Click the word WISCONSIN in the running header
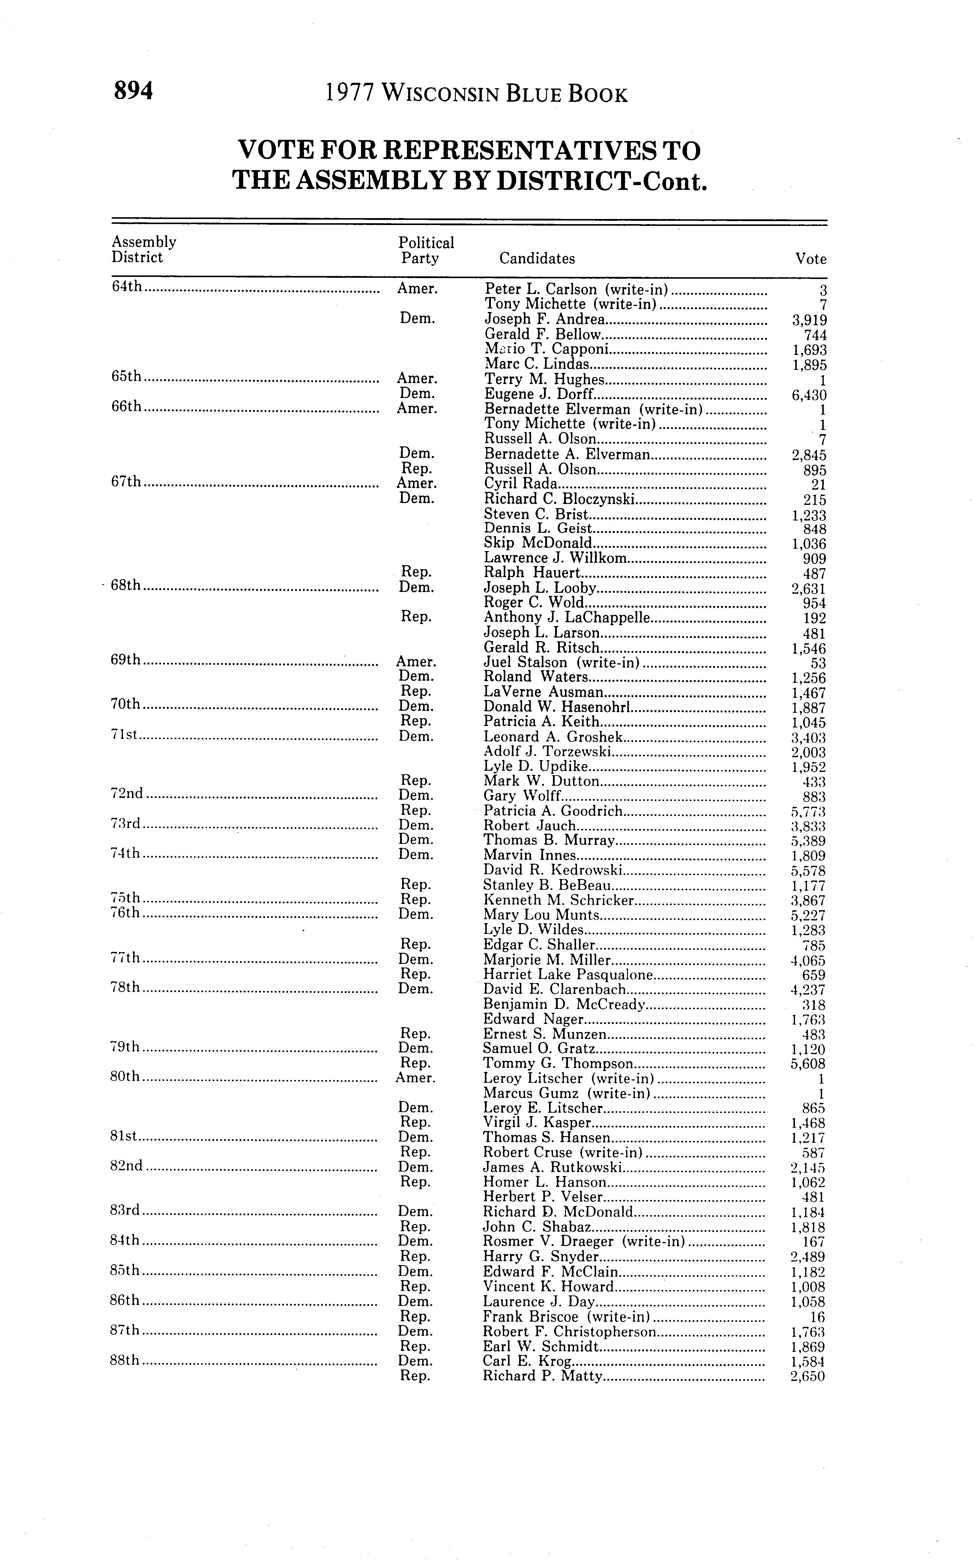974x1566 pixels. pos(440,95)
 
